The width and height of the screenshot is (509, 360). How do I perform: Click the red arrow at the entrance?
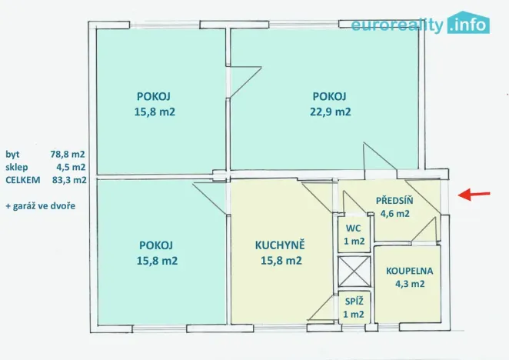[475, 195]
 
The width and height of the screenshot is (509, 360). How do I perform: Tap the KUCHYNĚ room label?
[280, 245]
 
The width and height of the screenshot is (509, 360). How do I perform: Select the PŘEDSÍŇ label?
[394, 201]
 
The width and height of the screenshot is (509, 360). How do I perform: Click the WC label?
[353, 228]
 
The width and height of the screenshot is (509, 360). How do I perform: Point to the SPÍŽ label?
[354, 301]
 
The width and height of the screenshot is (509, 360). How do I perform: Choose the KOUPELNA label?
[410, 270]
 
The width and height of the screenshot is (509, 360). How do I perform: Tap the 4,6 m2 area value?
[394, 214]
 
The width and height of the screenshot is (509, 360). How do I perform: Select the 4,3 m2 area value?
[410, 283]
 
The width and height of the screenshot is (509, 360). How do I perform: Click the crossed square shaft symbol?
[354, 272]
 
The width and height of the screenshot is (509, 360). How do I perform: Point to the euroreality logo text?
[398, 25]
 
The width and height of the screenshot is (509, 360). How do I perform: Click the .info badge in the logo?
[468, 24]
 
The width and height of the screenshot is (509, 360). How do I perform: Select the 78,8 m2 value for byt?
[68, 154]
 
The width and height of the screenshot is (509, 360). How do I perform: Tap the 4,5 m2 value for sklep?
[70, 167]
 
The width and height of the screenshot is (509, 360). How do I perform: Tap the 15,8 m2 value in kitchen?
[280, 260]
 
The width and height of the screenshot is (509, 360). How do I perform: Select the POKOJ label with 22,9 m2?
[329, 96]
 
